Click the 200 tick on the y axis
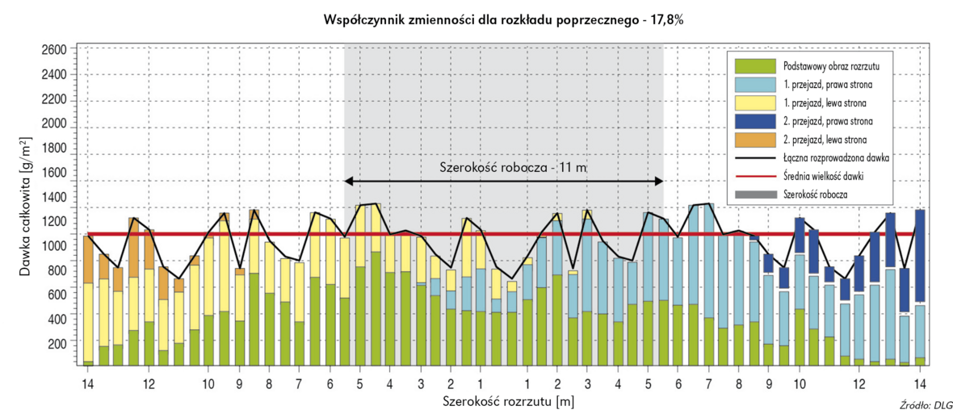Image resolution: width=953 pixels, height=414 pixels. coord(56,345)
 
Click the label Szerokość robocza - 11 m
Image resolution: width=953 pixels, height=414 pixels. coord(502,168)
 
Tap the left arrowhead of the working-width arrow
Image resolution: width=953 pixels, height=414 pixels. coord(349,181)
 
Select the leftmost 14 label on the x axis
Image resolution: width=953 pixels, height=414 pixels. coord(88,383)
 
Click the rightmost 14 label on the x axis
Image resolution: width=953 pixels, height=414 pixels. coord(920,383)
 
